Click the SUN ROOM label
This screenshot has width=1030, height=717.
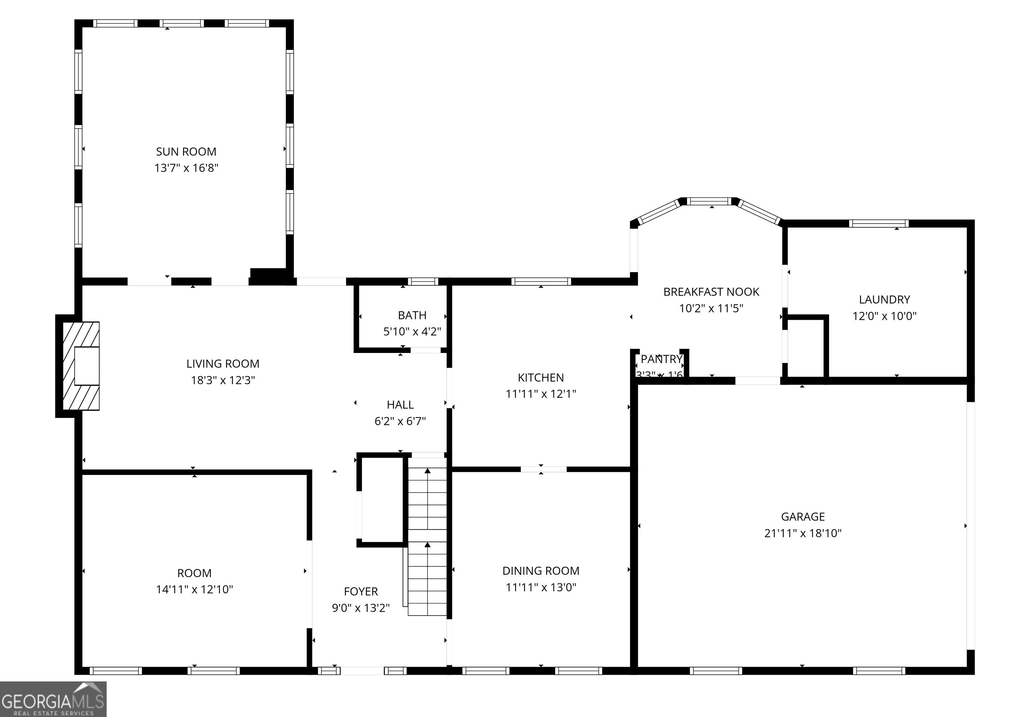[x=186, y=152]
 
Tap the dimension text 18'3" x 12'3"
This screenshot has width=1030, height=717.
[x=223, y=380]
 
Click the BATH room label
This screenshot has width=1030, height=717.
[x=412, y=315]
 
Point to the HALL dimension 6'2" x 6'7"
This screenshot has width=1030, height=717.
[x=400, y=421]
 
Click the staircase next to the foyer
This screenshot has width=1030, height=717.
[x=427, y=539]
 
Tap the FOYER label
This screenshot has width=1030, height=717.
[x=361, y=591]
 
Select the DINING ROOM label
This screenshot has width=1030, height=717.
[x=540, y=571]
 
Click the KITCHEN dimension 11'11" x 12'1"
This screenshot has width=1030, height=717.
[x=540, y=394]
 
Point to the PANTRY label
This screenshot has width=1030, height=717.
[x=661, y=359]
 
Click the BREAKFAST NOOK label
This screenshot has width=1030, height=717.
[x=711, y=292]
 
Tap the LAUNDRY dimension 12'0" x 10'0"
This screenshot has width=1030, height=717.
[x=884, y=316]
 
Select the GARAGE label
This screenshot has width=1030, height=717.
[x=803, y=517]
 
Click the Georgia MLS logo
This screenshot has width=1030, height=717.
[x=53, y=699]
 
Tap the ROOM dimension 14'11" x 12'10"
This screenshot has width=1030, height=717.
[x=194, y=590]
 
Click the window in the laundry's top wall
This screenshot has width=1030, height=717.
[x=878, y=223]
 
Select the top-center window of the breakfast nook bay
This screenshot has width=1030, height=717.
[x=710, y=201]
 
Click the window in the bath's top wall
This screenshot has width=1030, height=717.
[x=422, y=281]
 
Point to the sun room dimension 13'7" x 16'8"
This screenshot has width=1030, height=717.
[x=186, y=168]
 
